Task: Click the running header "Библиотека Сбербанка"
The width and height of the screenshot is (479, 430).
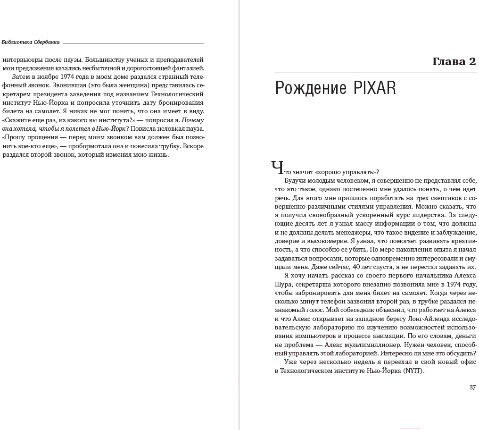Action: click(x=31, y=42)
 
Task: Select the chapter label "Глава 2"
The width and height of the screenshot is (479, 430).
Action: click(x=454, y=62)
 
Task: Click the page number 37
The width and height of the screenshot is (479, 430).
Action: click(x=472, y=388)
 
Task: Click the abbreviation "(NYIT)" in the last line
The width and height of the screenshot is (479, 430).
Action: click(x=413, y=371)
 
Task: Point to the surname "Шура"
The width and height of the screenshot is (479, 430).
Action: click(x=283, y=284)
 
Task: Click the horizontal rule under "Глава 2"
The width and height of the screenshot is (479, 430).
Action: click(x=375, y=73)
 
